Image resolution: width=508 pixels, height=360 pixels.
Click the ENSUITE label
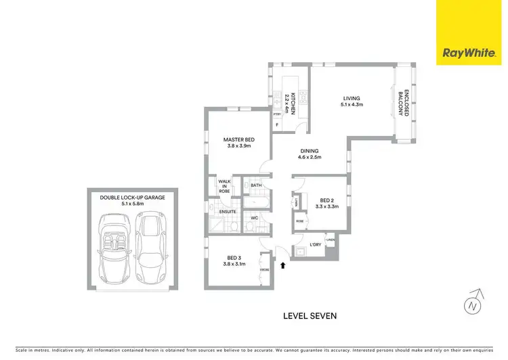pyautogui.click(x=227, y=212)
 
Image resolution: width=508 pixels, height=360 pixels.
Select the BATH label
pyautogui.click(x=256, y=185)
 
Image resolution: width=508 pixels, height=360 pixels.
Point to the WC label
pyautogui.click(x=255, y=218)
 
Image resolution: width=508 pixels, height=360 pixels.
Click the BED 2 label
pyautogui.click(x=327, y=200)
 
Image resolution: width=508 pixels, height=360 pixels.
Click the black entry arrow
pyautogui.click(x=282, y=265)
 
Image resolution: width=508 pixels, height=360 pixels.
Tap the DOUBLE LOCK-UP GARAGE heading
pyautogui.click(x=133, y=198)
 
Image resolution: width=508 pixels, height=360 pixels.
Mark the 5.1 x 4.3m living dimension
pyautogui.click(x=352, y=105)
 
